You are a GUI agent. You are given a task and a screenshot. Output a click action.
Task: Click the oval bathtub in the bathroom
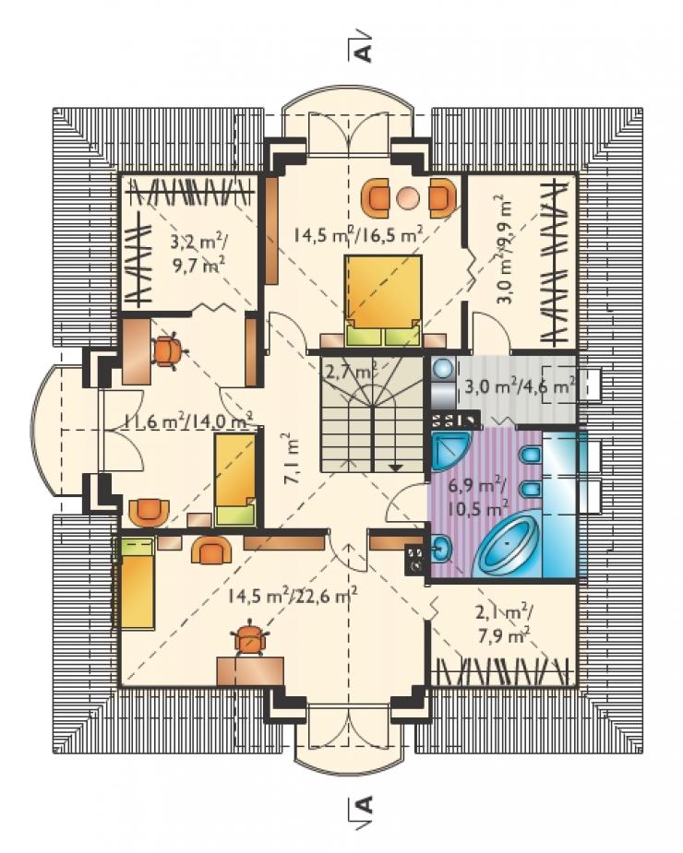[508, 541]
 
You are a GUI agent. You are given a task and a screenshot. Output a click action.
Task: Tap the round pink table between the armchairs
[408, 198]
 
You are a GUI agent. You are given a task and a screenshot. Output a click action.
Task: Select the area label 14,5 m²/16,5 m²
[359, 234]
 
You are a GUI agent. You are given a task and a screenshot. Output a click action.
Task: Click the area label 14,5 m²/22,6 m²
[292, 597]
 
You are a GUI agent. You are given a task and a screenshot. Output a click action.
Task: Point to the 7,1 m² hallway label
[292, 458]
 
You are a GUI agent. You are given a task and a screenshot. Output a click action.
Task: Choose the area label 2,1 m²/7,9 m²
[504, 624]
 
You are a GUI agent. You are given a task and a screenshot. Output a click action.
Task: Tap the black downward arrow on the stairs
[395, 468]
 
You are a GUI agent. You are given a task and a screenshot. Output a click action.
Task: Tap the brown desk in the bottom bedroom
[250, 670]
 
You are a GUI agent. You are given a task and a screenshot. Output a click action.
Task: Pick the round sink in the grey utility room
[443, 369]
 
